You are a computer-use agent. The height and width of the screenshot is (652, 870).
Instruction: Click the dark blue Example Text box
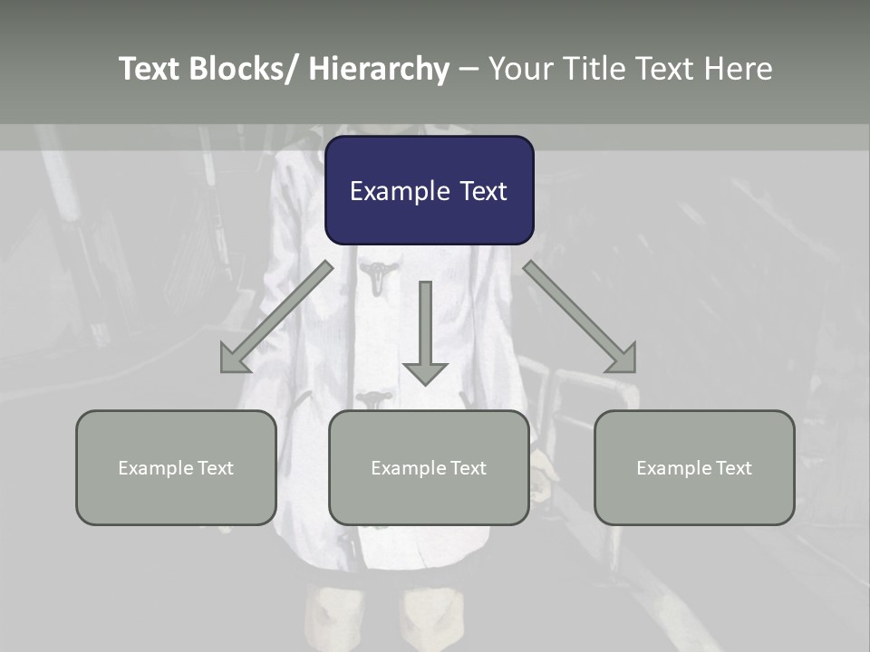pos(429,190)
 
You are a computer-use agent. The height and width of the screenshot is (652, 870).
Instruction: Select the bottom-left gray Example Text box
pos(176,467)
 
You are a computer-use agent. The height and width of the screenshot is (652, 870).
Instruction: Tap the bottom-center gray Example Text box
pos(429,467)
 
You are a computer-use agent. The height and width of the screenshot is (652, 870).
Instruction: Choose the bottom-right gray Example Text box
pos(694,467)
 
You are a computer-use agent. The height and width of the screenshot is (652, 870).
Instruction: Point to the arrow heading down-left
pos(275,318)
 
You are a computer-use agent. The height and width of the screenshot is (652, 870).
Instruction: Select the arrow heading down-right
pos(580,318)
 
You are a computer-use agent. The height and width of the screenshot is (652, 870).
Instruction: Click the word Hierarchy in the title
pos(379,69)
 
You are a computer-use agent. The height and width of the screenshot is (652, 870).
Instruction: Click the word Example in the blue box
pos(391,191)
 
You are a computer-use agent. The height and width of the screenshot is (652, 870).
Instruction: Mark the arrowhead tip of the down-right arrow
pos(633,370)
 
